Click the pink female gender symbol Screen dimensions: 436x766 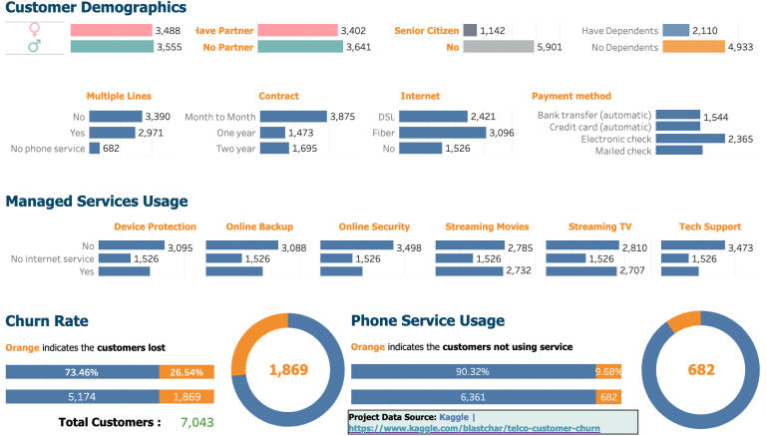[x=36, y=30]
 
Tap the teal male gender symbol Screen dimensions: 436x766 [x=36, y=47]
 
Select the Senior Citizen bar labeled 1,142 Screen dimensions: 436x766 [x=470, y=30]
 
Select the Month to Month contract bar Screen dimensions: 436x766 [x=293, y=117]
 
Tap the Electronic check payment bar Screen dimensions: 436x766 [x=689, y=139]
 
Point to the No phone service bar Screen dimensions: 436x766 [x=95, y=149]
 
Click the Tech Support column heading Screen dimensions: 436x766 [x=709, y=226]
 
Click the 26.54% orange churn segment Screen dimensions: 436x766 [x=185, y=372]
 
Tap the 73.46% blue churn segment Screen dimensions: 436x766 [x=82, y=372]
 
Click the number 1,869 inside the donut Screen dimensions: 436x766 [x=288, y=370]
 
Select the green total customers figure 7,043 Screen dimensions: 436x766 [x=197, y=422]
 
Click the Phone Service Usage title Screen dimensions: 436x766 [x=428, y=320]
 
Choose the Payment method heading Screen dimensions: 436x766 [x=571, y=96]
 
